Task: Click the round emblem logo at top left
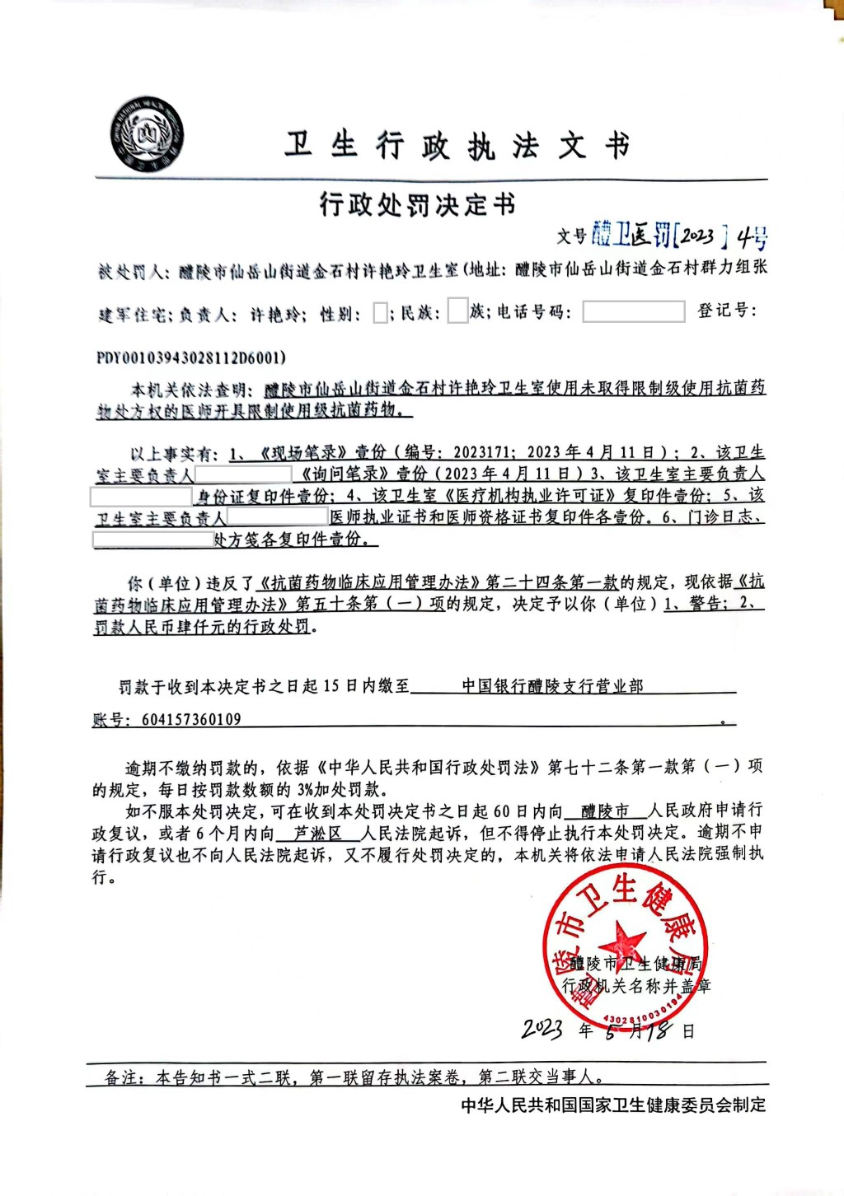(x=147, y=135)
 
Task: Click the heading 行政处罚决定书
(x=417, y=203)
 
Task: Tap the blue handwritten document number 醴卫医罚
(x=632, y=236)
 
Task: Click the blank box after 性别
(x=380, y=313)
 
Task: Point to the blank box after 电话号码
(x=633, y=311)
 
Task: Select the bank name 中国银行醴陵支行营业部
(x=552, y=685)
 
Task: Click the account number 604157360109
(x=191, y=719)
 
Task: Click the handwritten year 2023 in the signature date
(x=542, y=1029)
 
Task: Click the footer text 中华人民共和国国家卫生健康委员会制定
(x=613, y=1105)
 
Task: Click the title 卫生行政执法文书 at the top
(x=457, y=146)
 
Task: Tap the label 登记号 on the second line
(x=725, y=311)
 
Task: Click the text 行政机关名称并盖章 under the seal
(x=636, y=985)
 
